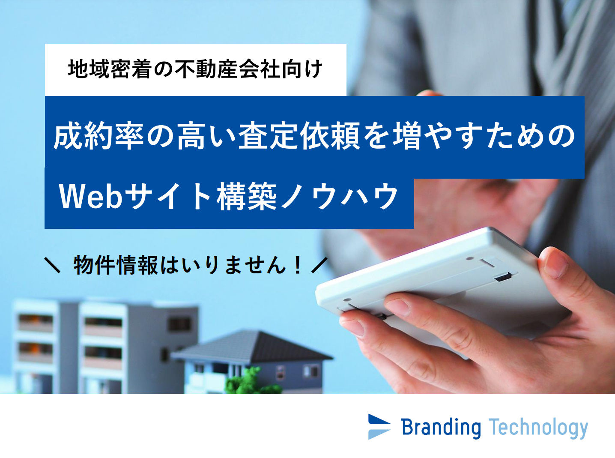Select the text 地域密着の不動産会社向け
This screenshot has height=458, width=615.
pos(195,69)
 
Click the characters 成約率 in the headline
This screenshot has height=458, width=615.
pos(99,137)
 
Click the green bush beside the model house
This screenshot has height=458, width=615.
pos(245,380)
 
